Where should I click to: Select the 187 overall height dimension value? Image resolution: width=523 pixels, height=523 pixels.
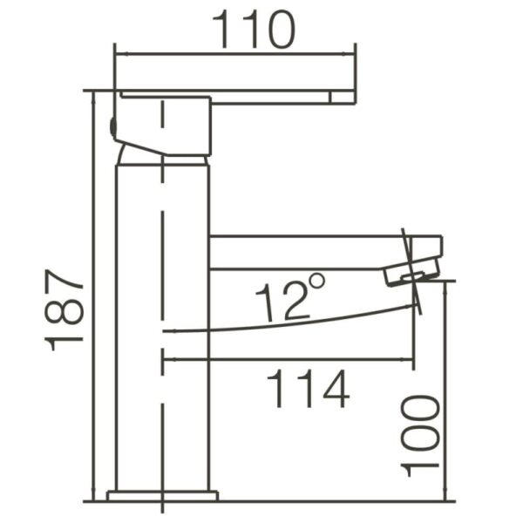[x=65, y=309]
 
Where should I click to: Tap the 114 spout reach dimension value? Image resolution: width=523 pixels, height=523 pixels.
[x=307, y=389]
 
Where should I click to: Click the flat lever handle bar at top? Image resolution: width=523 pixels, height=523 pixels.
[x=279, y=97]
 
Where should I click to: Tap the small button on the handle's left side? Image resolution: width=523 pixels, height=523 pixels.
[x=112, y=126]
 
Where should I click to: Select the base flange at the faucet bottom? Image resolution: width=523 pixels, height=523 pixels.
[x=162, y=496]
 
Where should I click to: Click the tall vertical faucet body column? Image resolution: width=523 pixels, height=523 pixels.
[x=163, y=331]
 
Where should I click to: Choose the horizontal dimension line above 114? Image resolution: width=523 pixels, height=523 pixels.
[x=288, y=358]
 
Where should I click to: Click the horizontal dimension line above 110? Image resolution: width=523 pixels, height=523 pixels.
[x=235, y=54]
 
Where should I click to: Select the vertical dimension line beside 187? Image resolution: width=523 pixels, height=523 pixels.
[x=94, y=296]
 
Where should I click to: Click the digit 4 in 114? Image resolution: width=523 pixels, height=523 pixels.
[x=335, y=389]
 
